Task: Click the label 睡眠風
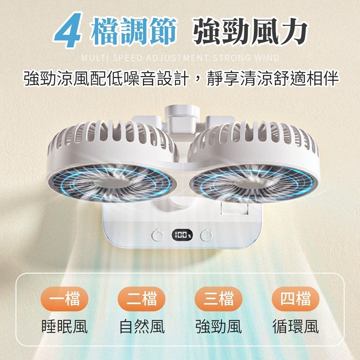65,327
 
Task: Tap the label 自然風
142,327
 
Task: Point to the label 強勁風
219,327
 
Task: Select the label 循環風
296,327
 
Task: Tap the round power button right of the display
206,236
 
